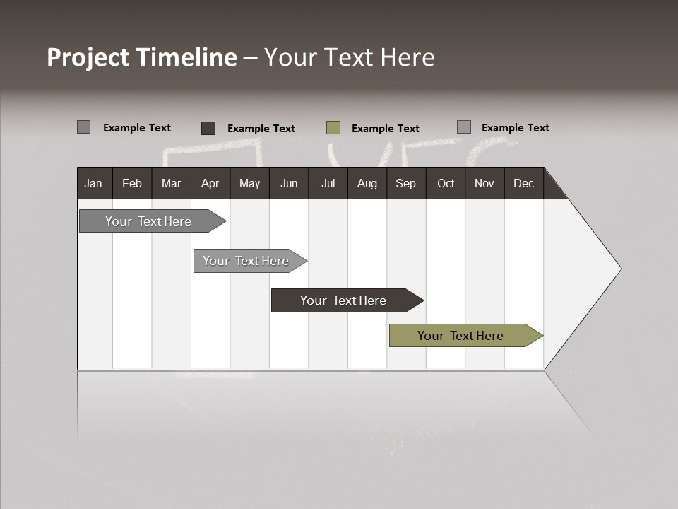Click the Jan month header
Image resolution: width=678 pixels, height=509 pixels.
pyautogui.click(x=93, y=183)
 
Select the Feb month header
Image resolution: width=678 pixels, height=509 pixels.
pyautogui.click(x=132, y=183)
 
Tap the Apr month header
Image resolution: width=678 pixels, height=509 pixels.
pyautogui.click(x=210, y=183)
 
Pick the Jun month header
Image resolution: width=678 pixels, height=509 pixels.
pyautogui.click(x=289, y=183)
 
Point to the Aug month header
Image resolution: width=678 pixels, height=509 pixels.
pyautogui.click(x=367, y=183)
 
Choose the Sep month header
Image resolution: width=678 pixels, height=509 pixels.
pyautogui.click(x=405, y=183)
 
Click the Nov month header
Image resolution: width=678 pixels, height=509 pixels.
pyautogui.click(x=484, y=183)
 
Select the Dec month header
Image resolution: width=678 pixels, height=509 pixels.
pyautogui.click(x=523, y=183)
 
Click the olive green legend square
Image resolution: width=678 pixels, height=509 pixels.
pyautogui.click(x=333, y=128)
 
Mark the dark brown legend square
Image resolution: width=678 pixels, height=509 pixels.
pyautogui.click(x=208, y=128)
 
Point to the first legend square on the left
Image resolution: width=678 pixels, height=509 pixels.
pyautogui.click(x=83, y=127)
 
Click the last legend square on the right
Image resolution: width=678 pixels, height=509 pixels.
pyautogui.click(x=464, y=127)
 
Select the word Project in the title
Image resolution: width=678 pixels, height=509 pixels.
pyautogui.click(x=88, y=57)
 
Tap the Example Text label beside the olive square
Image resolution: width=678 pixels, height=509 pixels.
pyautogui.click(x=385, y=129)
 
